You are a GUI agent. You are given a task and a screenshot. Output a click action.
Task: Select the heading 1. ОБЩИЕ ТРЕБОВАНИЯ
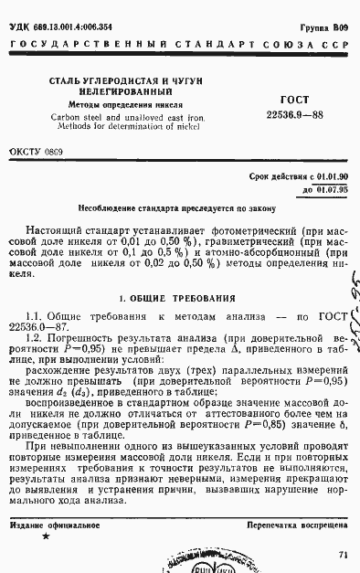click(179, 298)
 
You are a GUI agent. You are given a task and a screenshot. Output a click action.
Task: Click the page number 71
click(343, 554)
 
